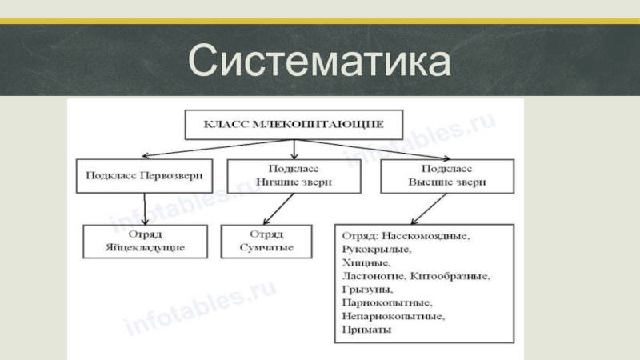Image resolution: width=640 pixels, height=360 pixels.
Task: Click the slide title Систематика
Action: coord(320,61)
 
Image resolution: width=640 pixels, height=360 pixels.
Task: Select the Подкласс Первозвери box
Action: coord(145,175)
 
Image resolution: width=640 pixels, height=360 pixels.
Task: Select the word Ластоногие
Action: coord(374,276)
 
